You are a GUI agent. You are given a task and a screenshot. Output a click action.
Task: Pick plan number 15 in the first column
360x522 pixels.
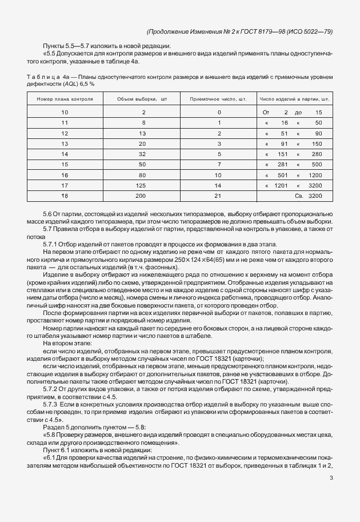coord(64,165)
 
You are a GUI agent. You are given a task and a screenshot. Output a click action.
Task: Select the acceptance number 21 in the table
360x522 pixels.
coord(219,196)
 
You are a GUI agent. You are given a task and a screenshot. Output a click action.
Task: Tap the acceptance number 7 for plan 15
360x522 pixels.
coord(219,165)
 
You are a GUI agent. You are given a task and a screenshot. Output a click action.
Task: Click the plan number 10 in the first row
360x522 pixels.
coord(64,113)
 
